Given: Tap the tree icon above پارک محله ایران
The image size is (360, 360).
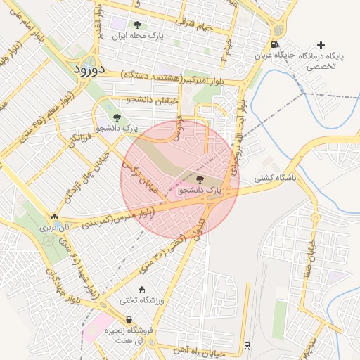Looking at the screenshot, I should pyautogui.click(x=137, y=25).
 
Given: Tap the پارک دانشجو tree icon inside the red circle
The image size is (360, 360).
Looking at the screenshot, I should pyautogui.click(x=200, y=180).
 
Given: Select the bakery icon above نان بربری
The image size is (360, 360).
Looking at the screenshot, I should pyautogui.click(x=55, y=217).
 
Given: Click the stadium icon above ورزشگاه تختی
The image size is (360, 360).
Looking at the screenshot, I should pyautogui.click(x=142, y=290).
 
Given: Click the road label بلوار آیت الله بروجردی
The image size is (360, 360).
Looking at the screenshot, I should pyautogui.click(x=240, y=134).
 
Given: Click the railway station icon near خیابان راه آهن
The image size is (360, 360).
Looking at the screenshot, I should pyautogui.click(x=247, y=346).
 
